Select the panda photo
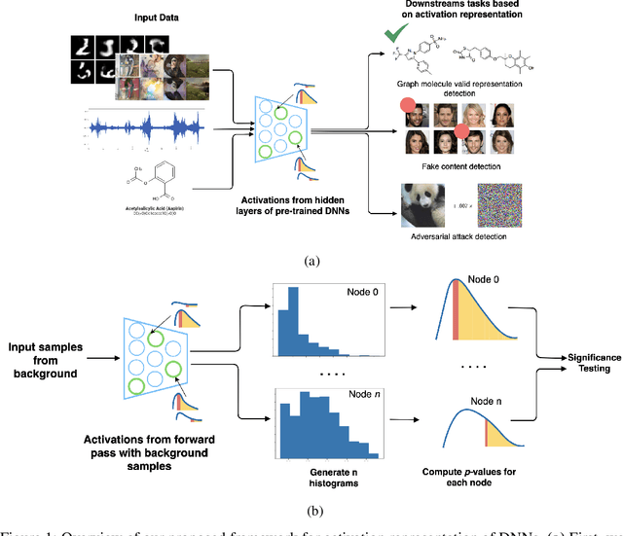point(429,208)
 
